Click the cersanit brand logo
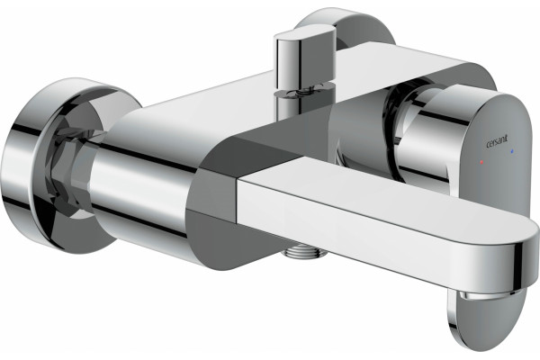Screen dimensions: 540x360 (x=496, y=142)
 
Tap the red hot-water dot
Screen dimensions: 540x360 (x=481, y=161)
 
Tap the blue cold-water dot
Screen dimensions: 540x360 (x=512, y=151)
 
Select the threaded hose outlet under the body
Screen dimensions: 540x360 (x=303, y=251)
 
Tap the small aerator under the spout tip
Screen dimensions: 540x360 (x=488, y=294)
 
